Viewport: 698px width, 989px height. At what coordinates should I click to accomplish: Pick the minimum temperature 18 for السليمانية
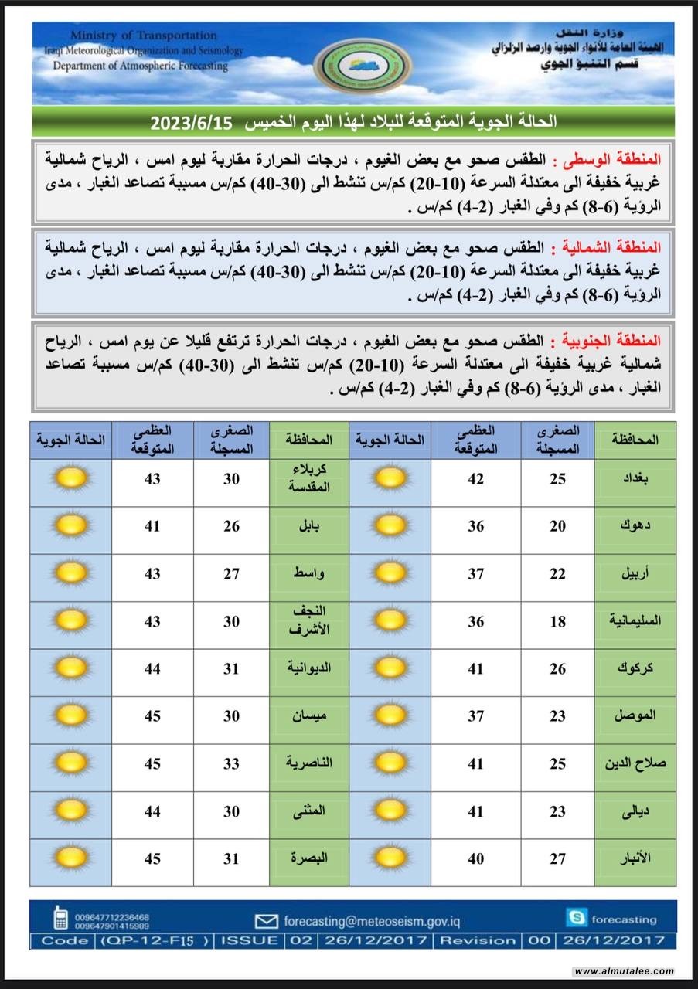557,621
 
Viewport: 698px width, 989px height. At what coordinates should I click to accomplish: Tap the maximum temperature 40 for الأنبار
475,858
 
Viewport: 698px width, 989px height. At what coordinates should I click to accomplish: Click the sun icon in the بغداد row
390,478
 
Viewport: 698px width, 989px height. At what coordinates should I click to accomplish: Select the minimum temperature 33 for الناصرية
231,763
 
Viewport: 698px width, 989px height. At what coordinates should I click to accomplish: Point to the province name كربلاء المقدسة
308,479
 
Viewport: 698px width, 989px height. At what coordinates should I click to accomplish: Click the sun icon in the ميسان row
70,715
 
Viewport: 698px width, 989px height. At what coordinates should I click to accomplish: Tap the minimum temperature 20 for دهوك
557,526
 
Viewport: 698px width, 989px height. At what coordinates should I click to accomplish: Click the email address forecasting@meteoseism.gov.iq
371,921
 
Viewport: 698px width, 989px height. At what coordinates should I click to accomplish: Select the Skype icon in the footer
576,919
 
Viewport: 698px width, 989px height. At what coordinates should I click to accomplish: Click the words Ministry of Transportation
143,36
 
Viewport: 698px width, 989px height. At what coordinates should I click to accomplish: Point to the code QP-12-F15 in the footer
155,940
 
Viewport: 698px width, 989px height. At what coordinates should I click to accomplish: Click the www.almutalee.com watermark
624,971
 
